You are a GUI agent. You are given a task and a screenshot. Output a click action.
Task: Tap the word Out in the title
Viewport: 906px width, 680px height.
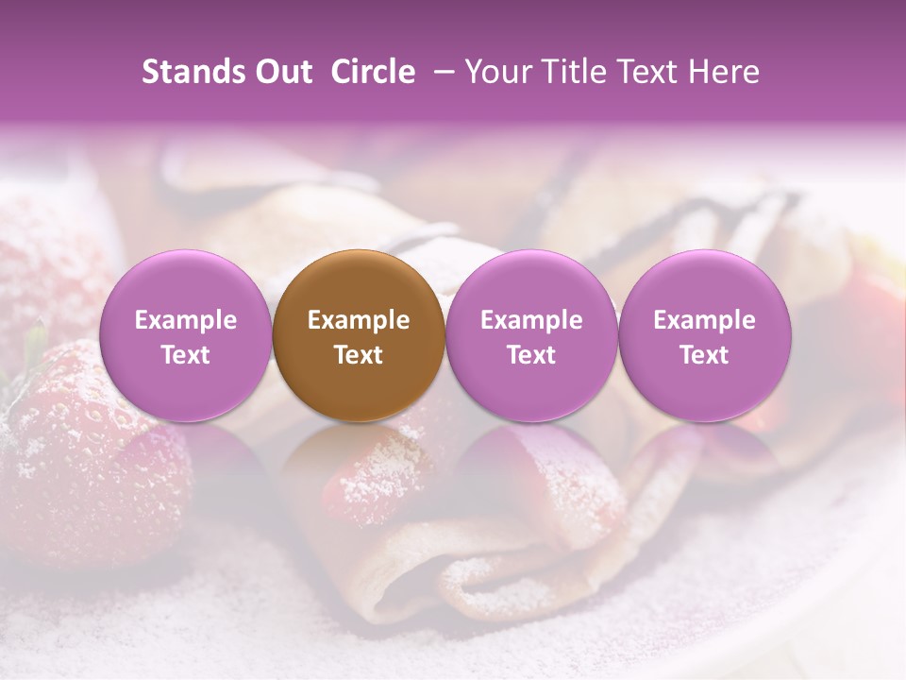pos(282,72)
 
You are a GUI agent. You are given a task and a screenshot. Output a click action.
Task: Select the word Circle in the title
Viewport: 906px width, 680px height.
pos(373,72)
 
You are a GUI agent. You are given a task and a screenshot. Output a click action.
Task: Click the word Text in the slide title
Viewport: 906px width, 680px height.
pos(651,72)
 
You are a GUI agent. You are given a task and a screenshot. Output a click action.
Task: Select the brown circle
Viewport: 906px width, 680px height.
pos(359,336)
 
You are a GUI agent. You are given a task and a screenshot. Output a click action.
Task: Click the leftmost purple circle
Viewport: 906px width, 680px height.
pos(185,336)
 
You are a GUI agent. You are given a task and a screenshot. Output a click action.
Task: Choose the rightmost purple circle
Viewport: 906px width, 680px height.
pos(704,336)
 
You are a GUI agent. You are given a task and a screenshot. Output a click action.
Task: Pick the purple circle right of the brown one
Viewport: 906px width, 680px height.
pos(531,336)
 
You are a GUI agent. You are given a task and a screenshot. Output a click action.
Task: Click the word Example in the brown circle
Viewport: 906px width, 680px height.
pos(359,320)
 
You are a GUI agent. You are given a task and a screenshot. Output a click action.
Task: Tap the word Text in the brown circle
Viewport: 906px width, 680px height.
pos(359,355)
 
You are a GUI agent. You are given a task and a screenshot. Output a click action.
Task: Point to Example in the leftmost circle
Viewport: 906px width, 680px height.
pos(185,320)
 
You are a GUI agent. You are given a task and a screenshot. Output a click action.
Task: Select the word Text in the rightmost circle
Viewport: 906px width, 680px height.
pos(704,355)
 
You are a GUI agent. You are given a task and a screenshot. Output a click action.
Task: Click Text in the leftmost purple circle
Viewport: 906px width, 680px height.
pos(185,355)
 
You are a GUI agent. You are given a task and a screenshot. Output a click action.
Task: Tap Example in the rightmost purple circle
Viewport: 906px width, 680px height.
pos(704,320)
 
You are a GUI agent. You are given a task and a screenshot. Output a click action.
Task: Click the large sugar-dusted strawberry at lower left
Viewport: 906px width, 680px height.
pos(90,444)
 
